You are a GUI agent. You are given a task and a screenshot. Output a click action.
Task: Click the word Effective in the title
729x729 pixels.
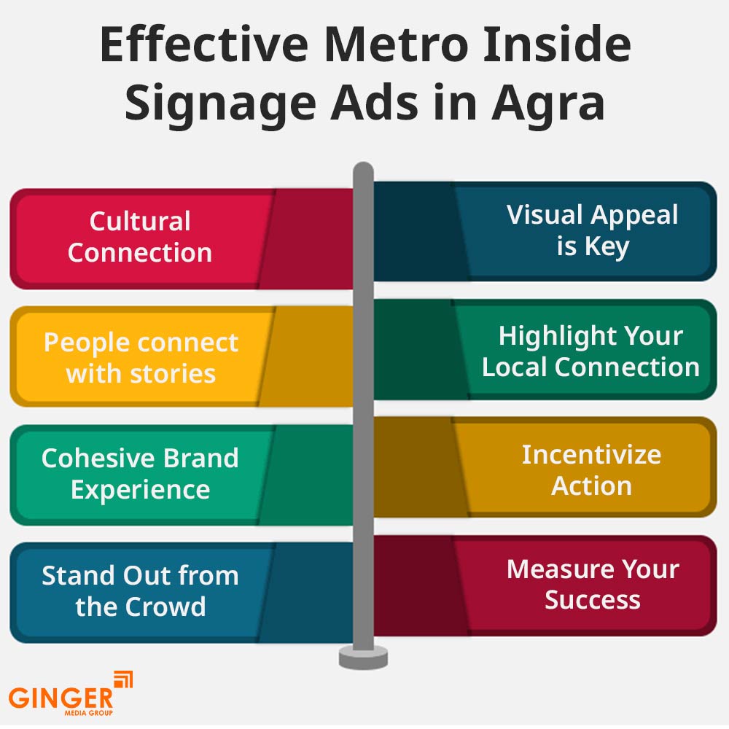pos(205,44)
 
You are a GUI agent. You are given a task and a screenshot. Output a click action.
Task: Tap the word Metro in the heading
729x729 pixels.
pos(396,44)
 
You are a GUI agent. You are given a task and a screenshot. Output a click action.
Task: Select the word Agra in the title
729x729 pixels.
pos(549,104)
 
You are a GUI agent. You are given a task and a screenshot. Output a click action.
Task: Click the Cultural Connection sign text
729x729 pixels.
pos(140,237)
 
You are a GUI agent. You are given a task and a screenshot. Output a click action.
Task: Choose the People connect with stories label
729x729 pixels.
pos(141,357)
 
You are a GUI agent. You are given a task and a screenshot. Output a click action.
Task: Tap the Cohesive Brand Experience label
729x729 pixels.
pos(140,474)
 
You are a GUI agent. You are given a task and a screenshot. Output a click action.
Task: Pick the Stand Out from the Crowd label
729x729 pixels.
pos(140,591)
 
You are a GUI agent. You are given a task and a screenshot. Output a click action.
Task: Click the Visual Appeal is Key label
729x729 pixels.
pos(592,230)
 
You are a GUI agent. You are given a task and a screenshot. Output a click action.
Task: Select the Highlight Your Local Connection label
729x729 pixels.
pos(590,351)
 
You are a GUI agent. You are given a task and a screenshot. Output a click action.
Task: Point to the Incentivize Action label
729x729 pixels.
pos(591,470)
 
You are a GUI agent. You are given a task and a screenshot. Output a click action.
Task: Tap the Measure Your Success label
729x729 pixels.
pos(593,584)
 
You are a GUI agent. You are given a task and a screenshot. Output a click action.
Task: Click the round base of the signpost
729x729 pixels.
pos(363,658)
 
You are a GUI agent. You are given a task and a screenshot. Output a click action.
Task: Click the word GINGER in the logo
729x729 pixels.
pos(61,698)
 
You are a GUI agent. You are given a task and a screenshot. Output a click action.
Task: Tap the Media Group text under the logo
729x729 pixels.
pos(88,713)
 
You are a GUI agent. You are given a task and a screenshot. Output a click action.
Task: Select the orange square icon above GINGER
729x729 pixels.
pos(123,679)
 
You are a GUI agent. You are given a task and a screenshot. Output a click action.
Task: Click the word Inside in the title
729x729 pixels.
pos(557,44)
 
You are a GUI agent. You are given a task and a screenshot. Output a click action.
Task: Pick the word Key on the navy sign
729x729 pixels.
pos(607,246)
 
